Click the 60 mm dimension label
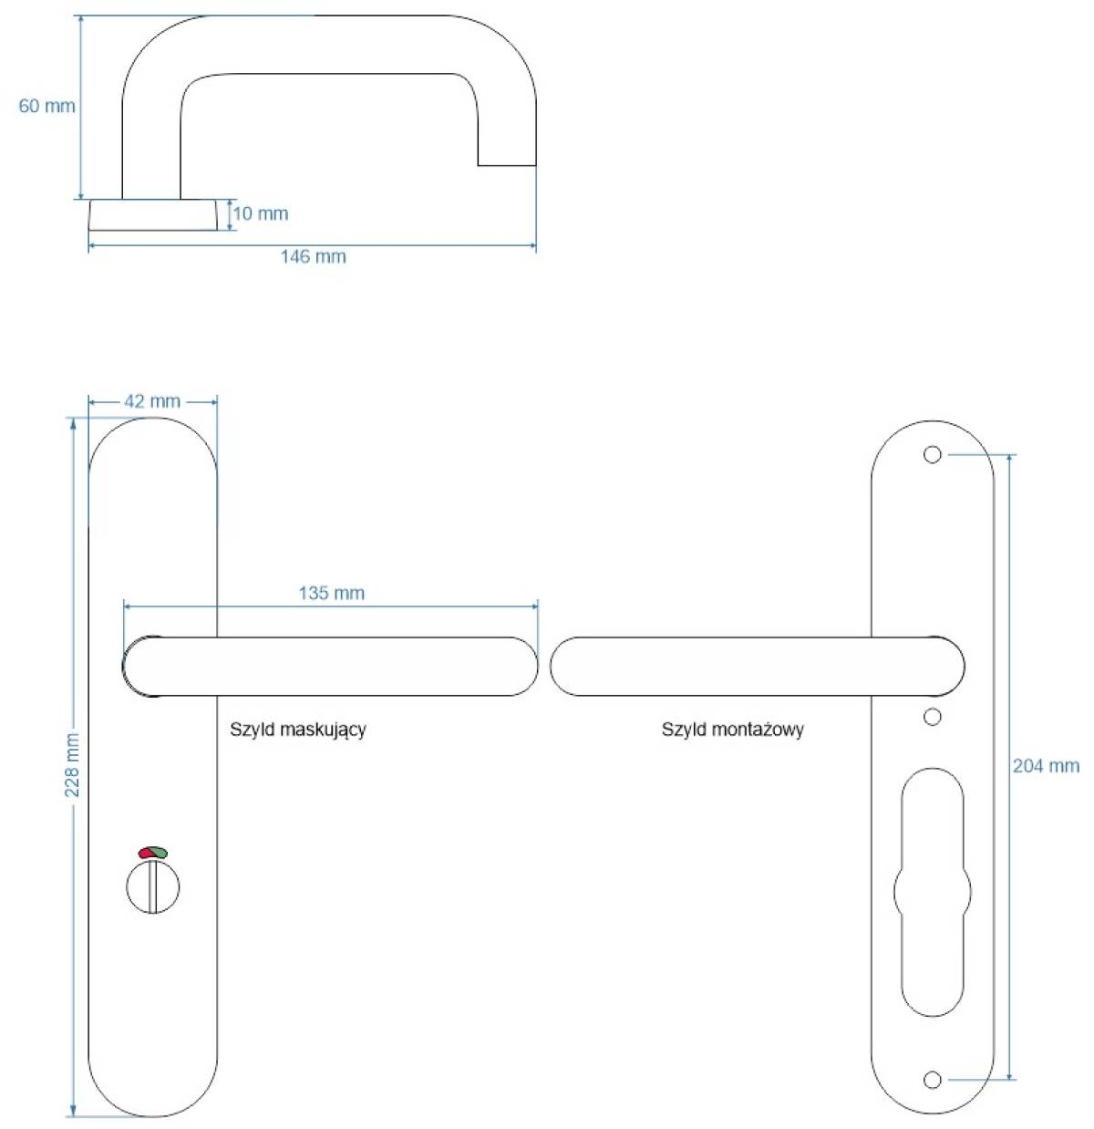pos(47,106)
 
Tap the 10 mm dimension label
pos(261,213)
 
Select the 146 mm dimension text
pos(314,256)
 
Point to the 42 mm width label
pos(152,401)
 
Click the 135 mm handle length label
pos(331,593)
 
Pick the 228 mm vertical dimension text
pos(73,764)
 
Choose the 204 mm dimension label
pos(1046,766)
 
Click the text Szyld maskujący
pos(297,730)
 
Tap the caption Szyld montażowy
pos(733,730)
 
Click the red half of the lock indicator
pos(145,853)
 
